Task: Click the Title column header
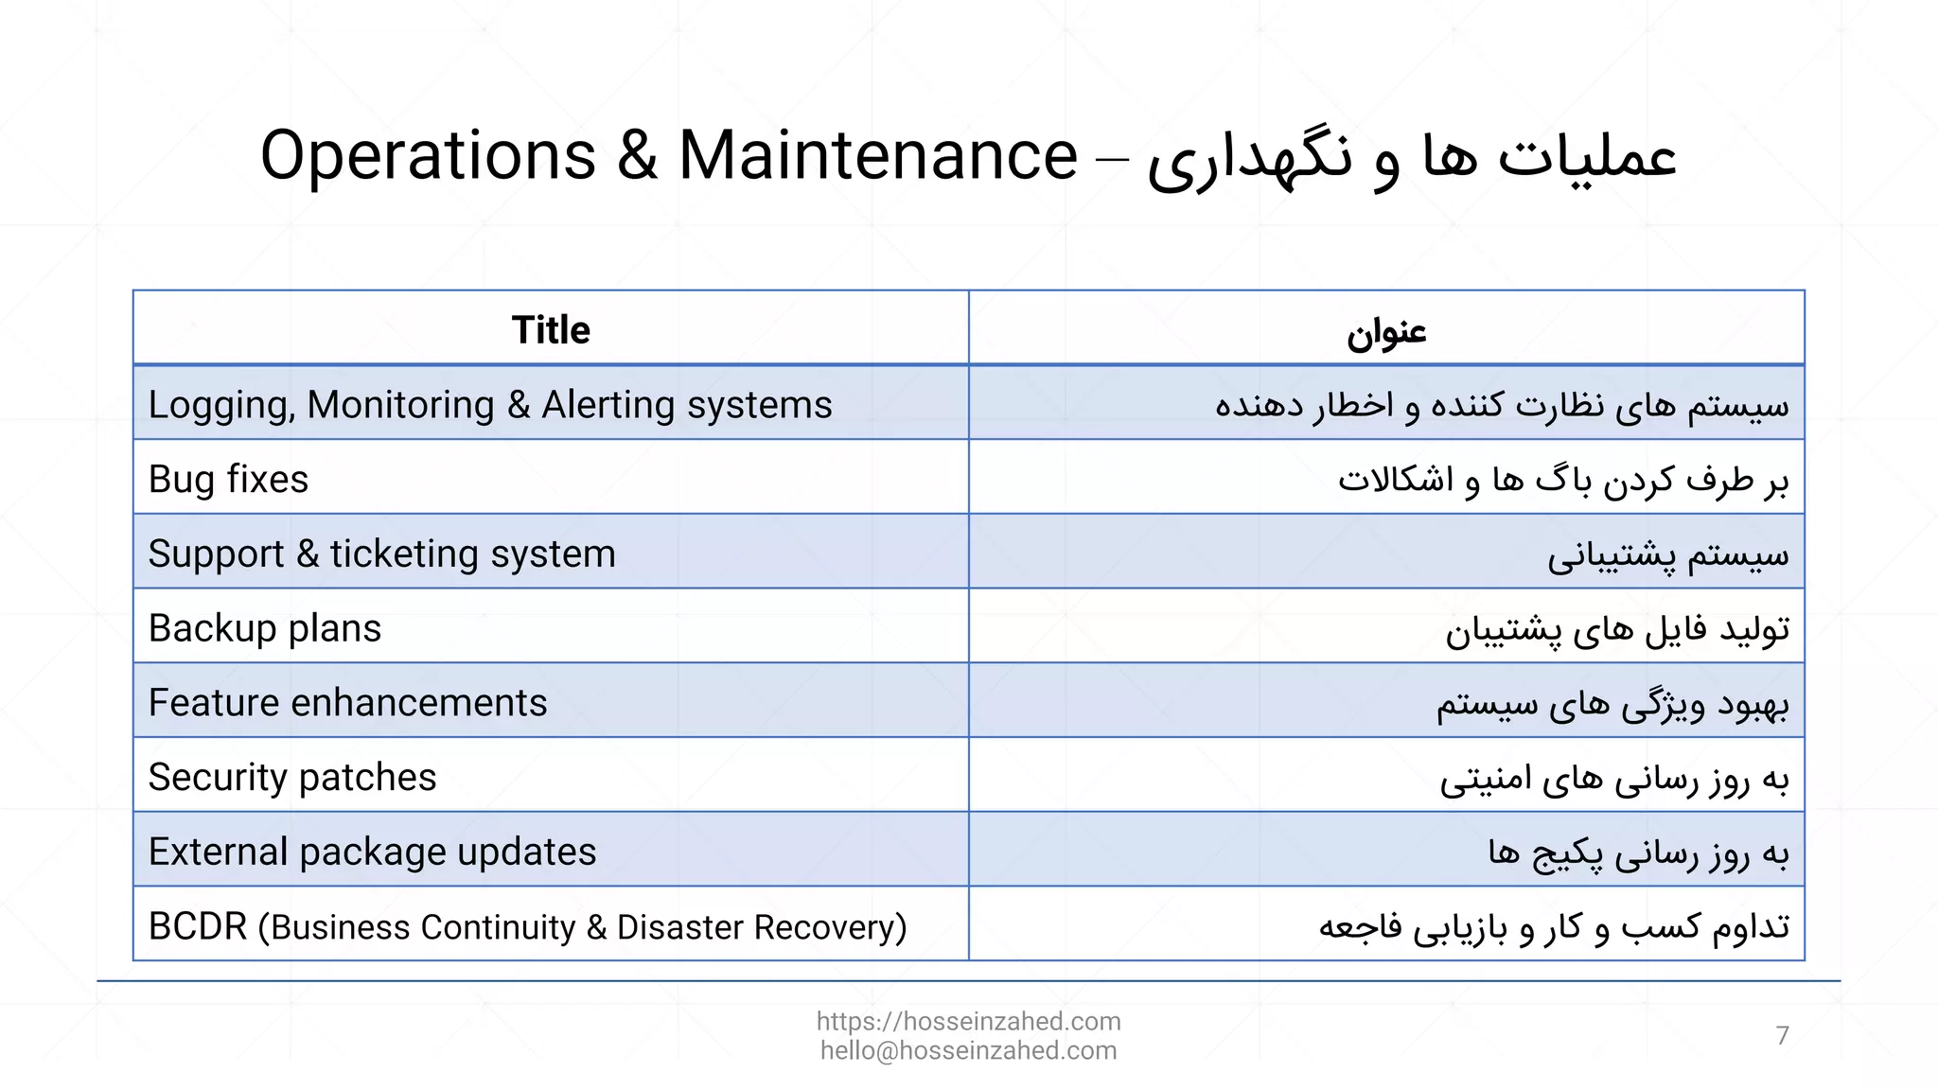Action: (x=551, y=330)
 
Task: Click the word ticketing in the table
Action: (x=404, y=554)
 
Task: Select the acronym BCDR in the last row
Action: (x=198, y=926)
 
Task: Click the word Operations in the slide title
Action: (x=428, y=156)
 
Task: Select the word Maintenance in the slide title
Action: (x=877, y=156)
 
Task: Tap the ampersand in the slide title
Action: (x=637, y=156)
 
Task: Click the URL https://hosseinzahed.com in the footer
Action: (x=968, y=1021)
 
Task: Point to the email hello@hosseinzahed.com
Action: (x=968, y=1050)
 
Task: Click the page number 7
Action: (x=1782, y=1036)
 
